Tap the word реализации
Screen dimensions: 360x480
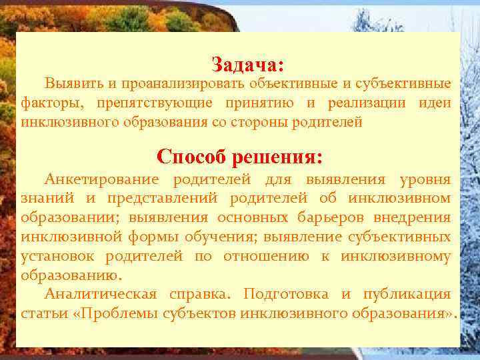pos(365,103)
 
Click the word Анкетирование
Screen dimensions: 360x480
pos(102,179)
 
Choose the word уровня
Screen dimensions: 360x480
pos(425,179)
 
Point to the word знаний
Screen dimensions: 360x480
pos(44,198)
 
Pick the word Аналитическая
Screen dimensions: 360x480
pos(101,294)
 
